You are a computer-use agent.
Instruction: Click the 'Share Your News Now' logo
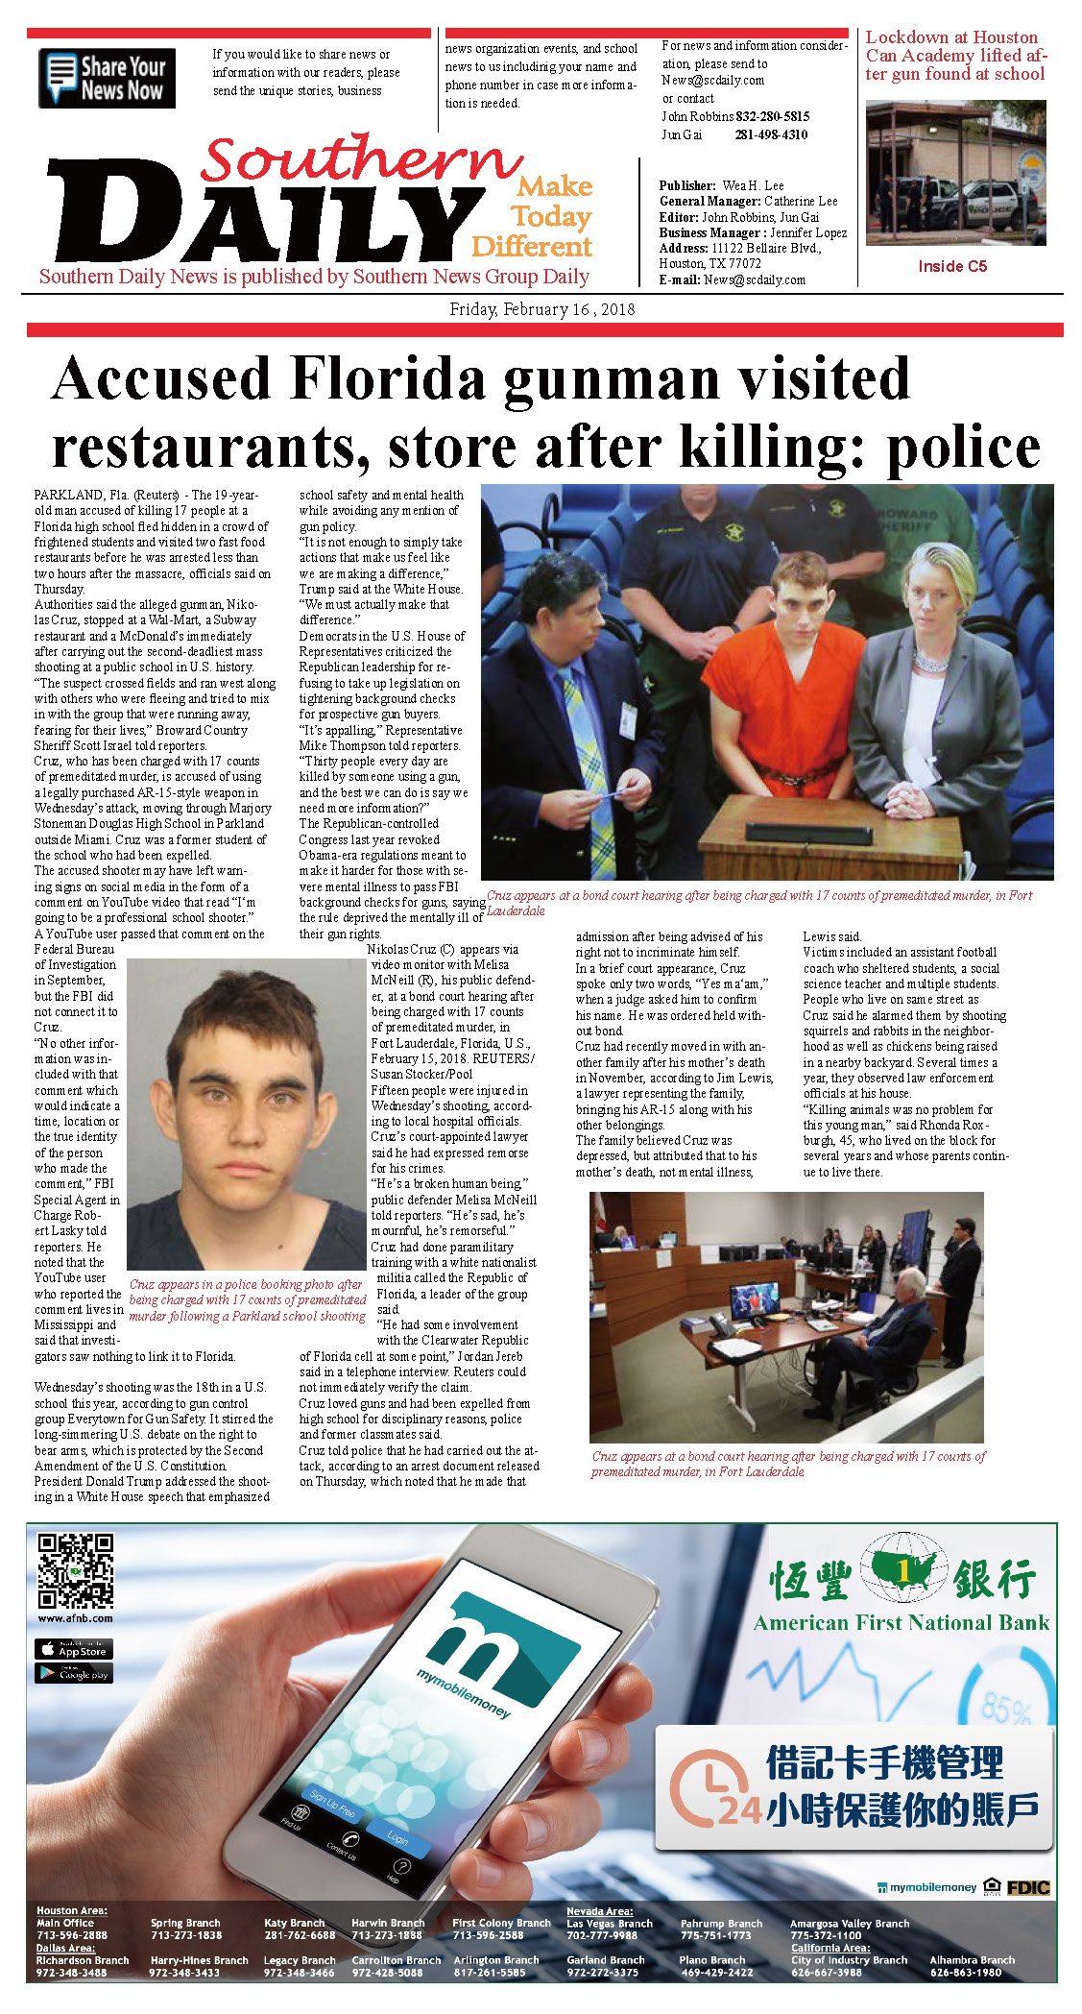[x=107, y=78]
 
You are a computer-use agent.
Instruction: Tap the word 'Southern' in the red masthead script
[x=362, y=159]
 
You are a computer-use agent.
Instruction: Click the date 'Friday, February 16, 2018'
[x=541, y=309]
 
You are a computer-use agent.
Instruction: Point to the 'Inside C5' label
[x=951, y=266]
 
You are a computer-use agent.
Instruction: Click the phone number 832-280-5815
[x=772, y=116]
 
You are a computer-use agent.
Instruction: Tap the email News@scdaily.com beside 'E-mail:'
[x=754, y=279]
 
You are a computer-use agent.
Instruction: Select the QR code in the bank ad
[x=75, y=1570]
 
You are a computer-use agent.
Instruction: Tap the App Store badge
[x=74, y=1649]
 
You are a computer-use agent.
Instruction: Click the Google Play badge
[x=74, y=1673]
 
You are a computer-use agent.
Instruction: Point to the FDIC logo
[x=1027, y=1887]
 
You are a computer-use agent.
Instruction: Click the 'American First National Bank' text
[x=901, y=1622]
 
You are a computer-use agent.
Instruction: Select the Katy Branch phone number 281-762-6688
[x=300, y=1935]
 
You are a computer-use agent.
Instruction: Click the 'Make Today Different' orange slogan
[x=534, y=216]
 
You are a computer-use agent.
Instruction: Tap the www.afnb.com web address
[x=75, y=1618]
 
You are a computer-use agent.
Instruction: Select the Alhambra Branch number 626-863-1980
[x=965, y=1973]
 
